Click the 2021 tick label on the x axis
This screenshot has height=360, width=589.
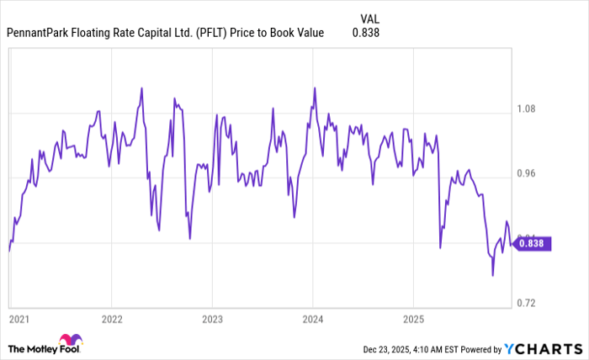[x=19, y=319]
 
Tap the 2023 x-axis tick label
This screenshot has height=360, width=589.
[x=213, y=319]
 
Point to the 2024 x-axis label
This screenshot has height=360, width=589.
[x=313, y=319]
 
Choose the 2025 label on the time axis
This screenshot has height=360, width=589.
[x=413, y=319]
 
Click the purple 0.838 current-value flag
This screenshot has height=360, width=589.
[x=531, y=243]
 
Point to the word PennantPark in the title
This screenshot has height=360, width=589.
[x=41, y=33]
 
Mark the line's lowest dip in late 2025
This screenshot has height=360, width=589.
[x=493, y=275]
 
